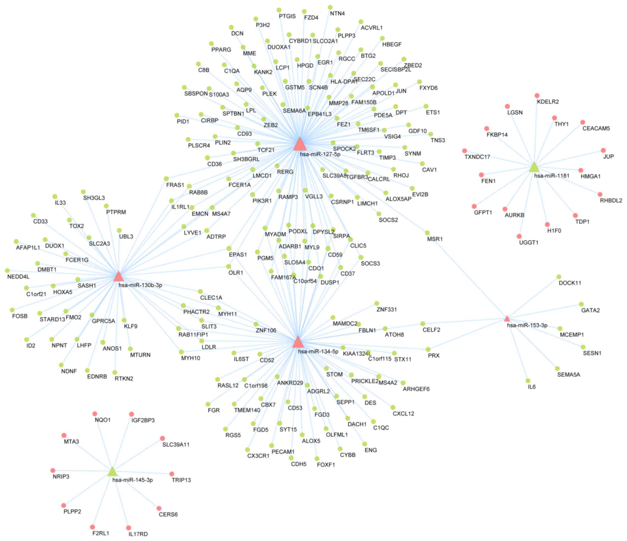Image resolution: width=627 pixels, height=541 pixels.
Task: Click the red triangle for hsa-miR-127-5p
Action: (x=299, y=144)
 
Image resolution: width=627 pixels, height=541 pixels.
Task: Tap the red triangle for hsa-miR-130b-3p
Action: (x=118, y=277)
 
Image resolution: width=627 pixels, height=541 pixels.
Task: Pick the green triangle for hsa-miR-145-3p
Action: (x=112, y=472)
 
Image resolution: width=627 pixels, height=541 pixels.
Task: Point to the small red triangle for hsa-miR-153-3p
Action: (x=507, y=319)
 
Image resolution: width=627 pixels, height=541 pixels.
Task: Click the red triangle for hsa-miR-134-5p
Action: (x=298, y=342)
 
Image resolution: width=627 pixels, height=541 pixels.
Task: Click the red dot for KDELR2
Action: (x=537, y=96)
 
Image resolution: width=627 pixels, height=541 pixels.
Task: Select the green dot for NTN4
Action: (x=330, y=7)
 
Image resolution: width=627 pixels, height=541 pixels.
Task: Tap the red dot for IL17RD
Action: (x=129, y=528)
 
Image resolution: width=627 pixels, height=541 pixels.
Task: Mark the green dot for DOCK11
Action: (x=559, y=277)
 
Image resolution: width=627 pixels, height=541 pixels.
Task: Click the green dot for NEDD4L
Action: (x=7, y=270)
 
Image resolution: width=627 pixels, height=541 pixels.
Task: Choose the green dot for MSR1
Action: (x=427, y=233)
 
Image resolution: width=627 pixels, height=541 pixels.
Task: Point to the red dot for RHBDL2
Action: (x=600, y=194)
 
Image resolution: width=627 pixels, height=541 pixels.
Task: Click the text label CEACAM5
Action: (x=596, y=128)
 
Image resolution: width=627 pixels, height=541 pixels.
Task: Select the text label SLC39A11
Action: (x=176, y=445)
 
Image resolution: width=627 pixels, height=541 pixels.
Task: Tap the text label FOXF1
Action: (x=326, y=465)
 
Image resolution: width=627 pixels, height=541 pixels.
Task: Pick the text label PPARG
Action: (x=221, y=50)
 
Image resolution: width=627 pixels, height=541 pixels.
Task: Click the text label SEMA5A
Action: (x=569, y=375)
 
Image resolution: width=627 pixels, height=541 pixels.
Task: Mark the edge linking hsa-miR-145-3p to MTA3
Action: (x=88, y=454)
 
